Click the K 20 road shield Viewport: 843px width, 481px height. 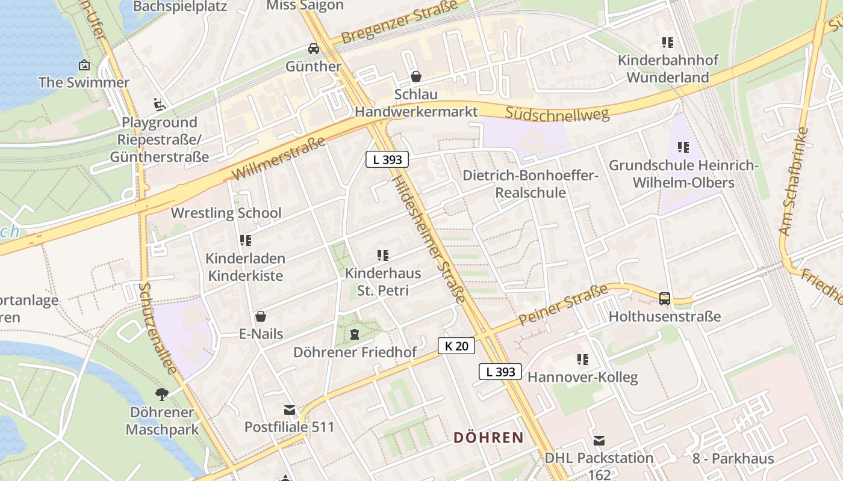pos(456,346)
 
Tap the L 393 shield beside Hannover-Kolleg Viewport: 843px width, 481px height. pos(500,372)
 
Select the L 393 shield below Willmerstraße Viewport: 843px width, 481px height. pos(387,159)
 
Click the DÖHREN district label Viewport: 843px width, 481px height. pos(488,437)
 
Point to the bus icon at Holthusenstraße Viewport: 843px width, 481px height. pos(665,298)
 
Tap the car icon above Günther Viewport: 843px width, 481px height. pos(314,48)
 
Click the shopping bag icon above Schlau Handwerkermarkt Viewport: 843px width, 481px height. pos(415,76)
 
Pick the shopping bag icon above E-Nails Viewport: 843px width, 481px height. pos(261,316)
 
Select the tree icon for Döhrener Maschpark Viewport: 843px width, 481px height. pos(161,394)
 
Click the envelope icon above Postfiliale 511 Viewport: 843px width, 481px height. pos(290,409)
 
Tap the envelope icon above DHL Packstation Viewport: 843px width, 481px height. pos(599,440)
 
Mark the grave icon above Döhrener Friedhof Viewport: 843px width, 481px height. pos(355,334)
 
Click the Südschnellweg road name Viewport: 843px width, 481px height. pos(557,113)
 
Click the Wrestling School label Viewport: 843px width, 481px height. pos(226,213)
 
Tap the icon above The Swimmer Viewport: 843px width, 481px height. pos(84,65)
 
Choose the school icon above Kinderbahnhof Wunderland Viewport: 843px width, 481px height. pos(667,43)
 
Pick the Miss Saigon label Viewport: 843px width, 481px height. pos(305,5)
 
